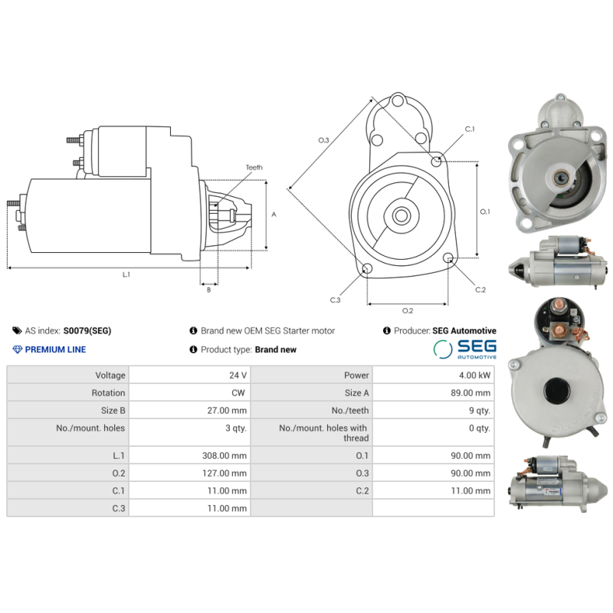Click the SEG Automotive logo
(x=464, y=349)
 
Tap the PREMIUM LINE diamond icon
(x=18, y=349)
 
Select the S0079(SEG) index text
(x=87, y=331)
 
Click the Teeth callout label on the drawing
(x=254, y=167)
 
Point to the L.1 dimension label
(x=126, y=274)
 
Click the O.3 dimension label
(x=323, y=140)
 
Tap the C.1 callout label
(x=470, y=129)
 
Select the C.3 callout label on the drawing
(x=335, y=300)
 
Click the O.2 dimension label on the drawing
(x=408, y=310)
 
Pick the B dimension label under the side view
(x=208, y=290)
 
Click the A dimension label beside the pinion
(x=274, y=215)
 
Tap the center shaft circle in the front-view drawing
(x=401, y=215)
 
